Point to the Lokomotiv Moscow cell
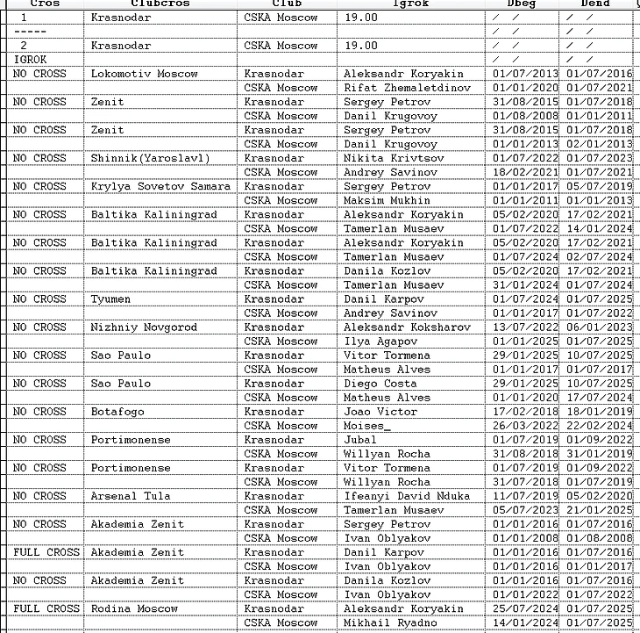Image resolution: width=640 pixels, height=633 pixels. coord(145,74)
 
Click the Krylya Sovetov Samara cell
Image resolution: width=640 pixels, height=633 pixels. coord(160,186)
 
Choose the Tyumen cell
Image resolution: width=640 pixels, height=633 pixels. coord(113,299)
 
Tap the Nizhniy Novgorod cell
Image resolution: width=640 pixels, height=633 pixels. coord(144,327)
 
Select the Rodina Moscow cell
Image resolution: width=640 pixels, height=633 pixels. coord(134,608)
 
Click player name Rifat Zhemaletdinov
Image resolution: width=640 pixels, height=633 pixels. coord(407,88)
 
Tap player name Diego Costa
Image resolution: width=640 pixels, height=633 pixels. coord(380,383)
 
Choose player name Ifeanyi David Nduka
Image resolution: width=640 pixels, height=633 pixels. coord(407,495)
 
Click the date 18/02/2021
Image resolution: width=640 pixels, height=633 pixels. coord(523,172)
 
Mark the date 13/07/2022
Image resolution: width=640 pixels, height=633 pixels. coord(523,327)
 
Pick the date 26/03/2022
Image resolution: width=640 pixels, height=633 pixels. coord(523,425)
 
